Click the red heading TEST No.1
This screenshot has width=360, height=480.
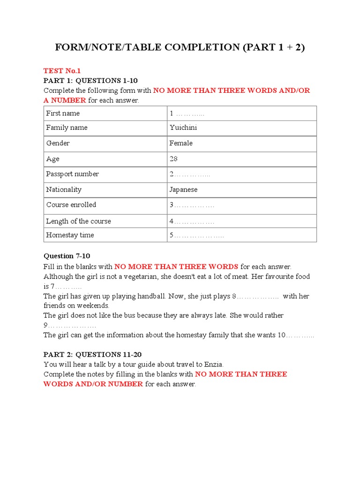click(62, 71)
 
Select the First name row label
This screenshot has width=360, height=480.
click(63, 113)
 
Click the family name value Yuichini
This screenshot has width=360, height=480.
click(183, 127)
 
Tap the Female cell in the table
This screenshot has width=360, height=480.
click(181, 143)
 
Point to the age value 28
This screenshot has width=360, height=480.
click(173, 159)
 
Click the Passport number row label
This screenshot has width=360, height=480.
click(72, 174)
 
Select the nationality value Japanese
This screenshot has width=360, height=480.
click(183, 190)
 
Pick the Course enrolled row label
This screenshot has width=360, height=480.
click(71, 205)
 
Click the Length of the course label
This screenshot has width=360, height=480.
click(78, 221)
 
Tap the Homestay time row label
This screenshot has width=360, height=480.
click(70, 235)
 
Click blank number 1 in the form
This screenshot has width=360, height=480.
click(187, 113)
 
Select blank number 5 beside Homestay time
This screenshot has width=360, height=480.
click(196, 235)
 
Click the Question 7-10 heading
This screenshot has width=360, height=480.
click(67, 256)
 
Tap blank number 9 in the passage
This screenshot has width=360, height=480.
click(70, 325)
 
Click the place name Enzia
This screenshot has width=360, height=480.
click(213, 364)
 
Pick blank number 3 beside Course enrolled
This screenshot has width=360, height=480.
click(192, 205)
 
